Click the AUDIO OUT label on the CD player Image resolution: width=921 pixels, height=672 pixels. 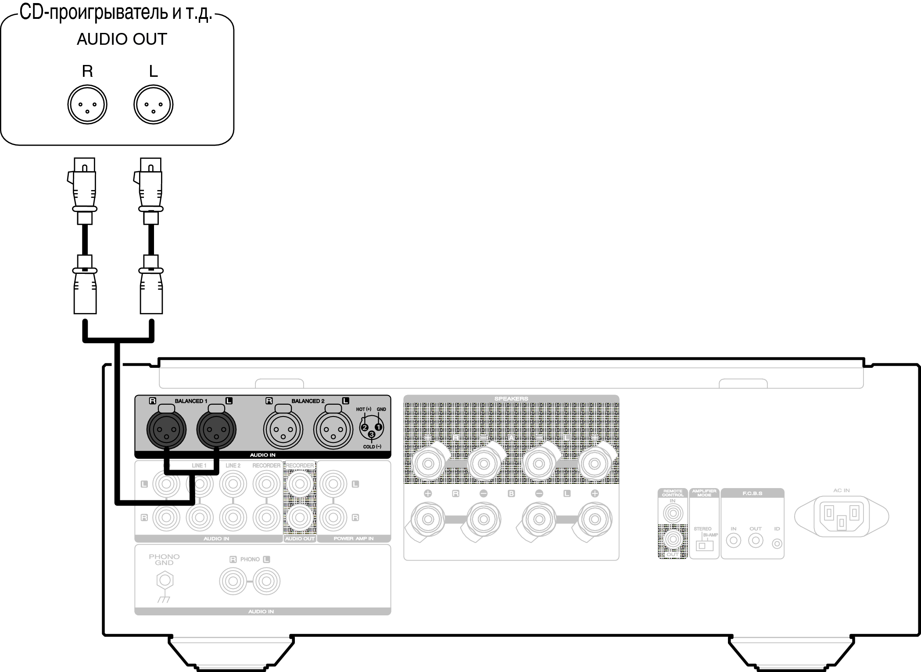[122, 40]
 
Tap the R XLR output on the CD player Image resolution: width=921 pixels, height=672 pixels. [87, 105]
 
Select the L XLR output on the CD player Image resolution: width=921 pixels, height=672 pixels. [154, 105]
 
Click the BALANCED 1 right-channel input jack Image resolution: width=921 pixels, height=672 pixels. [166, 430]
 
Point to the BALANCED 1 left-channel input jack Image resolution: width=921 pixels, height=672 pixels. [216, 430]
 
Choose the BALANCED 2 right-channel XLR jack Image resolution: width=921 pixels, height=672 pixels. [283, 430]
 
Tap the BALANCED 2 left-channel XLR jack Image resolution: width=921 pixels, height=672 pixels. [333, 430]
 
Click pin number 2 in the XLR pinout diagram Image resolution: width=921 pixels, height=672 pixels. [365, 428]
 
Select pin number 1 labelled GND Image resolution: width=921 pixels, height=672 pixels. [379, 427]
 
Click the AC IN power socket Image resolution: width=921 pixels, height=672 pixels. [841, 515]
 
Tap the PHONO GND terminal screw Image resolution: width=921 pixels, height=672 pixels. [165, 581]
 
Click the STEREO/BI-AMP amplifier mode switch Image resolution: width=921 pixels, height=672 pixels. [704, 546]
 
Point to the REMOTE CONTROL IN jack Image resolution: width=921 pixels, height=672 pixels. [673, 513]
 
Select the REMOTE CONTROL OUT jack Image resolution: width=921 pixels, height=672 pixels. [673, 539]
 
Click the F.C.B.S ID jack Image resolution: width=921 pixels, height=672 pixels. [777, 544]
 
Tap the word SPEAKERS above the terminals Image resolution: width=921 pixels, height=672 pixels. [511, 399]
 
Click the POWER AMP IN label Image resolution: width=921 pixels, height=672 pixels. [354, 539]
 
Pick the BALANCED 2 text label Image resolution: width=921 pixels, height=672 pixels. [308, 401]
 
